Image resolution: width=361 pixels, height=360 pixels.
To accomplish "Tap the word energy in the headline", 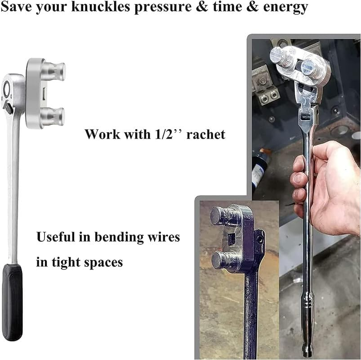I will pos(286,8).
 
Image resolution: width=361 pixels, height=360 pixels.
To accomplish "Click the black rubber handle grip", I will pos(12,302).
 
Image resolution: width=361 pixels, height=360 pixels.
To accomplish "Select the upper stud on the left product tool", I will pos(55,72).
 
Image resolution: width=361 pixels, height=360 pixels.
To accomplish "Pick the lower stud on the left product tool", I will pos(55,117).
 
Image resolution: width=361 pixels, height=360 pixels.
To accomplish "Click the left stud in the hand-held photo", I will pos(281,57).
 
